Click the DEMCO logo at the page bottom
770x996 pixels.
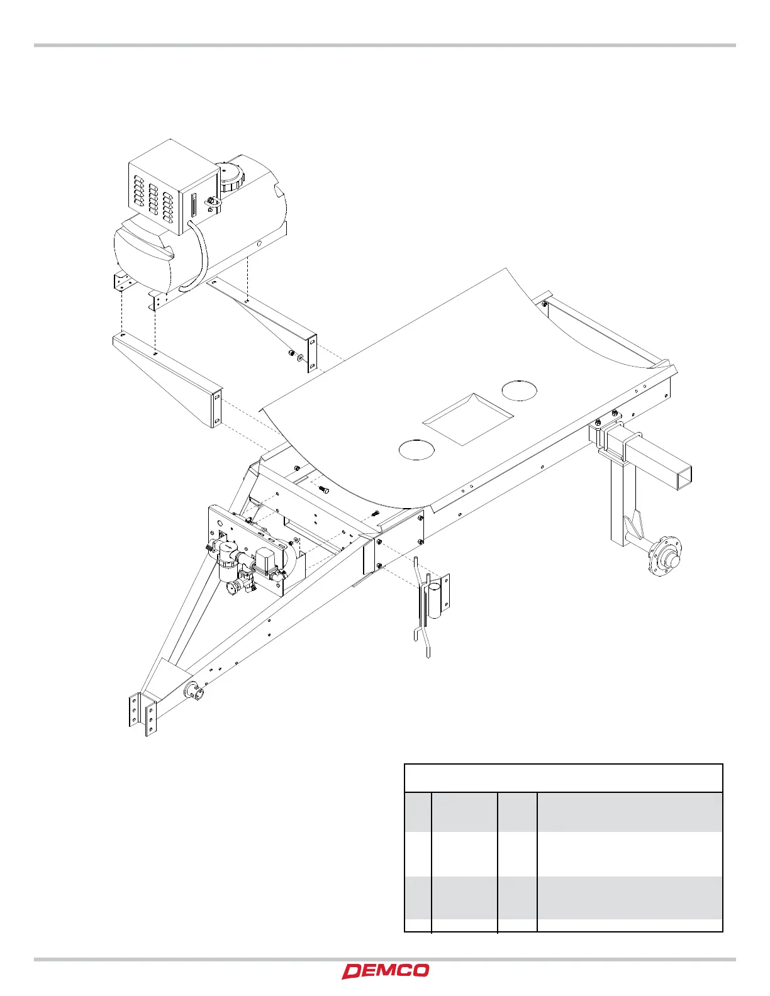pyautogui.click(x=386, y=971)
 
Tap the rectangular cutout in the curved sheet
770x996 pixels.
pyautogui.click(x=466, y=419)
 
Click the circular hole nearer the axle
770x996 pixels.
pyautogui.click(x=520, y=390)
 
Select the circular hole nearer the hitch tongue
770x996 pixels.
pyautogui.click(x=416, y=449)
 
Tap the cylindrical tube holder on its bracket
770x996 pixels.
pyautogui.click(x=435, y=600)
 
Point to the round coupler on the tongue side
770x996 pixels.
pyautogui.click(x=194, y=692)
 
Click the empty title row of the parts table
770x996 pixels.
pyautogui.click(x=563, y=778)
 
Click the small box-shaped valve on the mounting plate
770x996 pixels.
pyautogui.click(x=265, y=560)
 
